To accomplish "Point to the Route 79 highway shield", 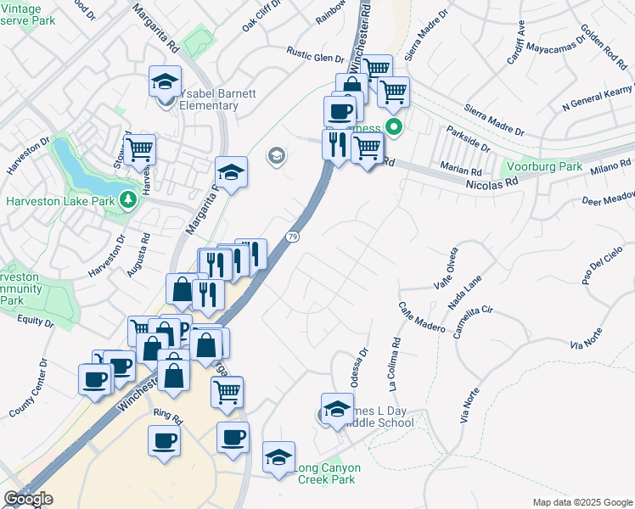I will pyautogui.click(x=294, y=236).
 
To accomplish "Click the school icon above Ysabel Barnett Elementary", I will pyautogui.click(x=165, y=81).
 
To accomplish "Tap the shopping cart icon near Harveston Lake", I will pyautogui.click(x=140, y=149).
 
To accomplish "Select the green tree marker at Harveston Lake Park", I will pyautogui.click(x=128, y=200).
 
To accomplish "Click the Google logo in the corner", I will pyautogui.click(x=28, y=499).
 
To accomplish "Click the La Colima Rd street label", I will pyautogui.click(x=395, y=366).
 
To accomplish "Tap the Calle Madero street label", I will pyautogui.click(x=419, y=314).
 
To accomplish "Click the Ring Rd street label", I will pyautogui.click(x=168, y=418).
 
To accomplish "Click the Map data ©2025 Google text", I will pyautogui.click(x=582, y=502).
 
